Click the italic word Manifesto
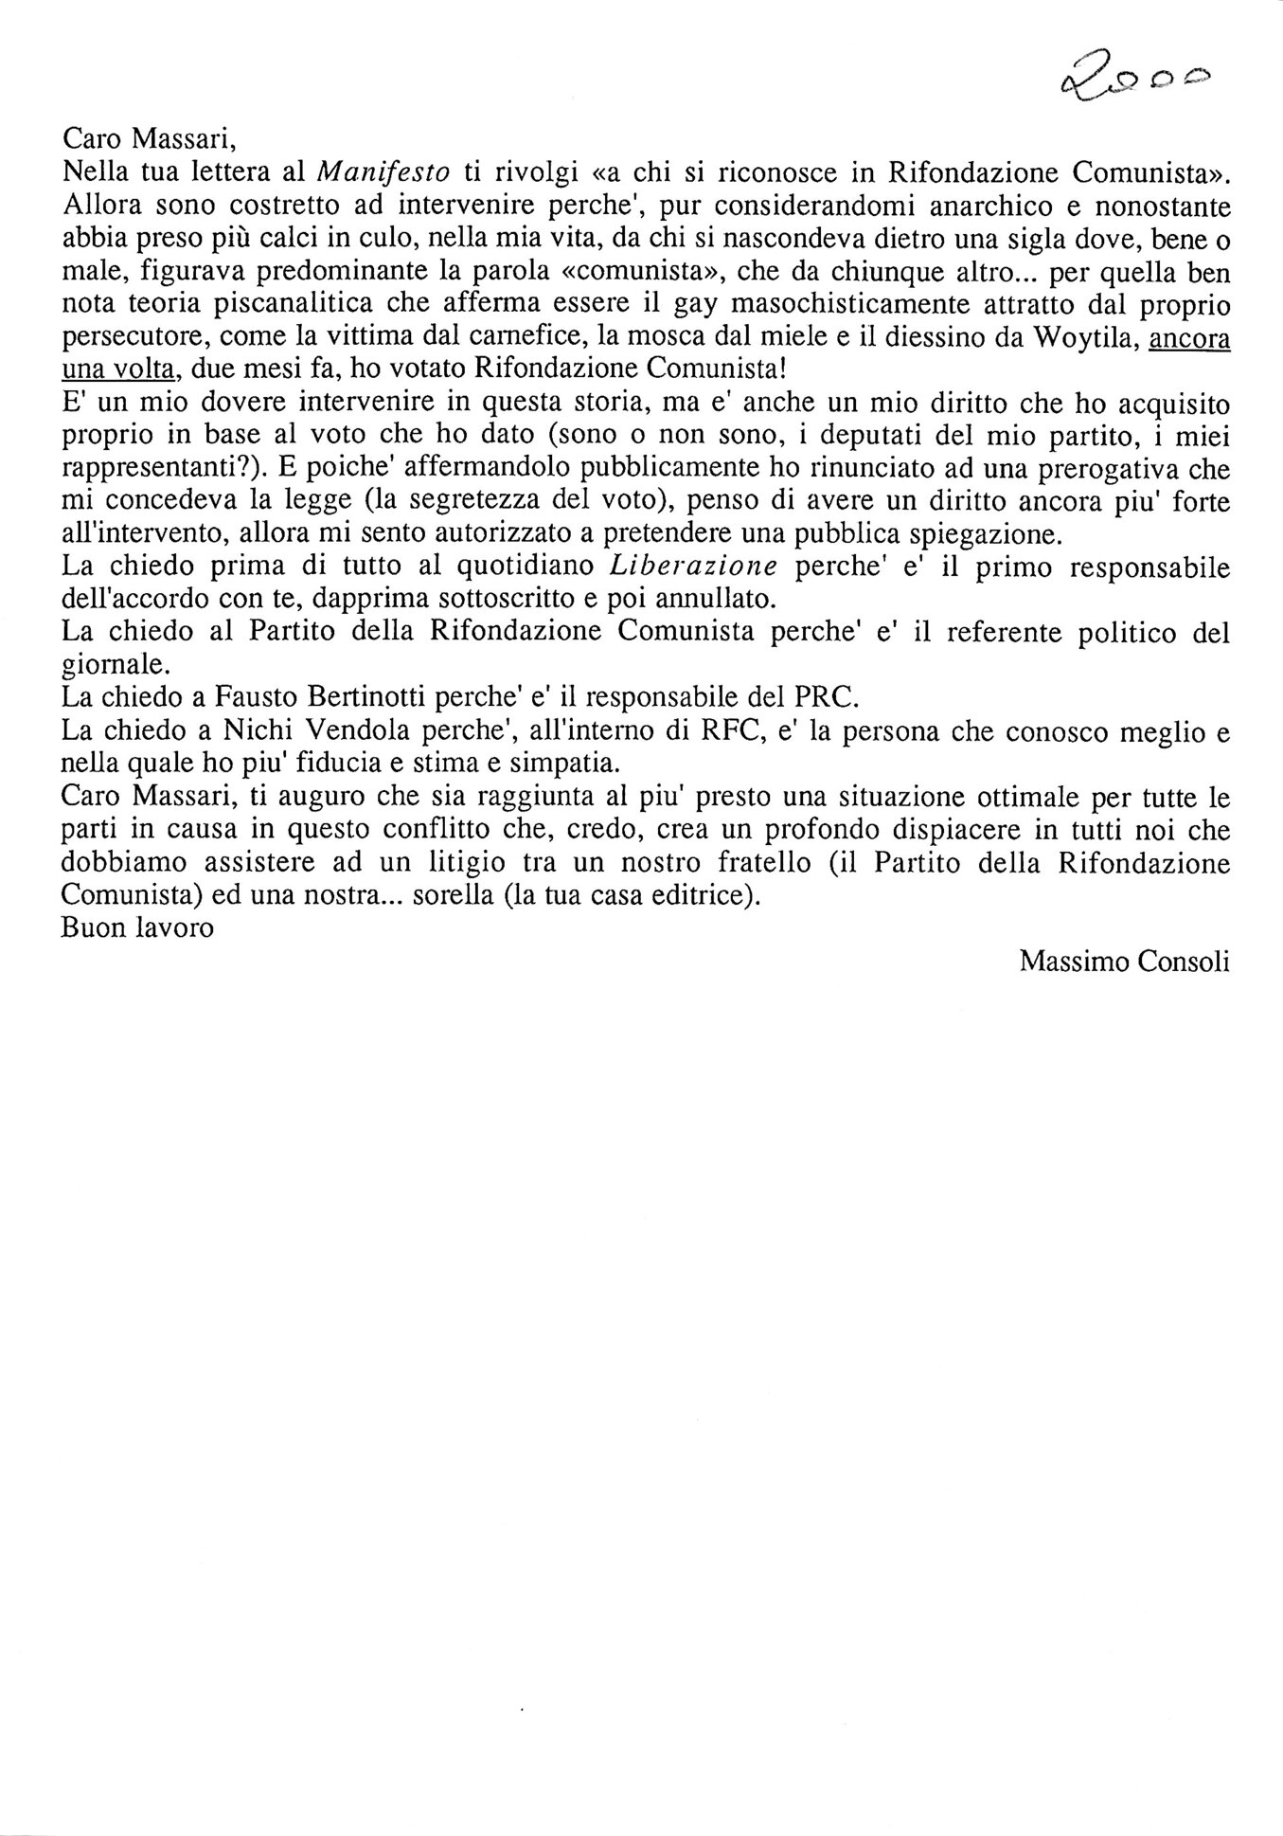[383, 171]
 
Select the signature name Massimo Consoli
[1125, 962]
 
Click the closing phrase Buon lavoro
[137, 927]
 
